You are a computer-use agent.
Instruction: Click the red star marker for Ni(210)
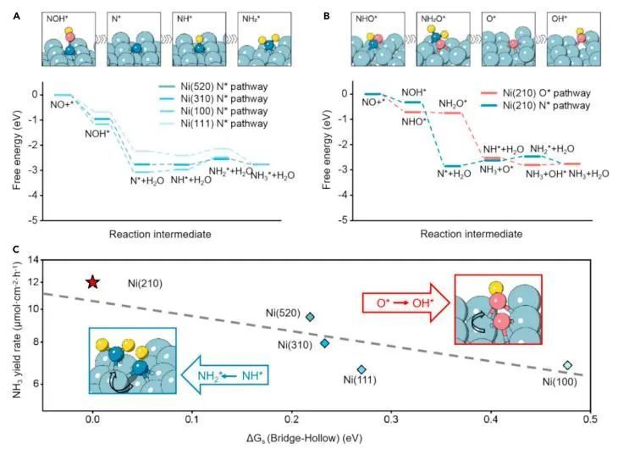click(x=93, y=281)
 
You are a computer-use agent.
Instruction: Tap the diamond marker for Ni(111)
click(x=361, y=369)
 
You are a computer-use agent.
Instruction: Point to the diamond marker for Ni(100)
click(x=568, y=366)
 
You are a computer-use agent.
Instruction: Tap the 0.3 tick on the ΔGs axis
click(x=390, y=418)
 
